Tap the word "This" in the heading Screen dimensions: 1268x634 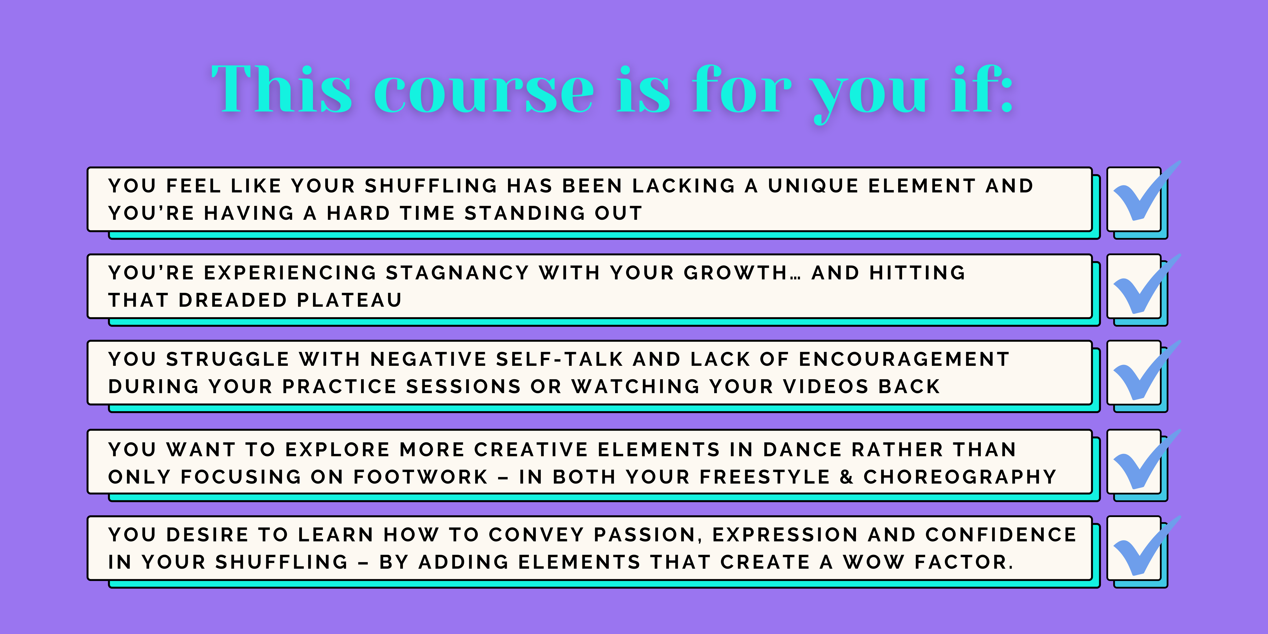[x=282, y=89]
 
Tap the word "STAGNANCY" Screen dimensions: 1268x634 [x=457, y=273]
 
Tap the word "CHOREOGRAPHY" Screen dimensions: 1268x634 [x=960, y=477]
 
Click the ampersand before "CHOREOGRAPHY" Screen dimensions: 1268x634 [x=846, y=477]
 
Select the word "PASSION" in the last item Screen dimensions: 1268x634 [x=645, y=535]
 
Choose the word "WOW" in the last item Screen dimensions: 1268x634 [x=874, y=562]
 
